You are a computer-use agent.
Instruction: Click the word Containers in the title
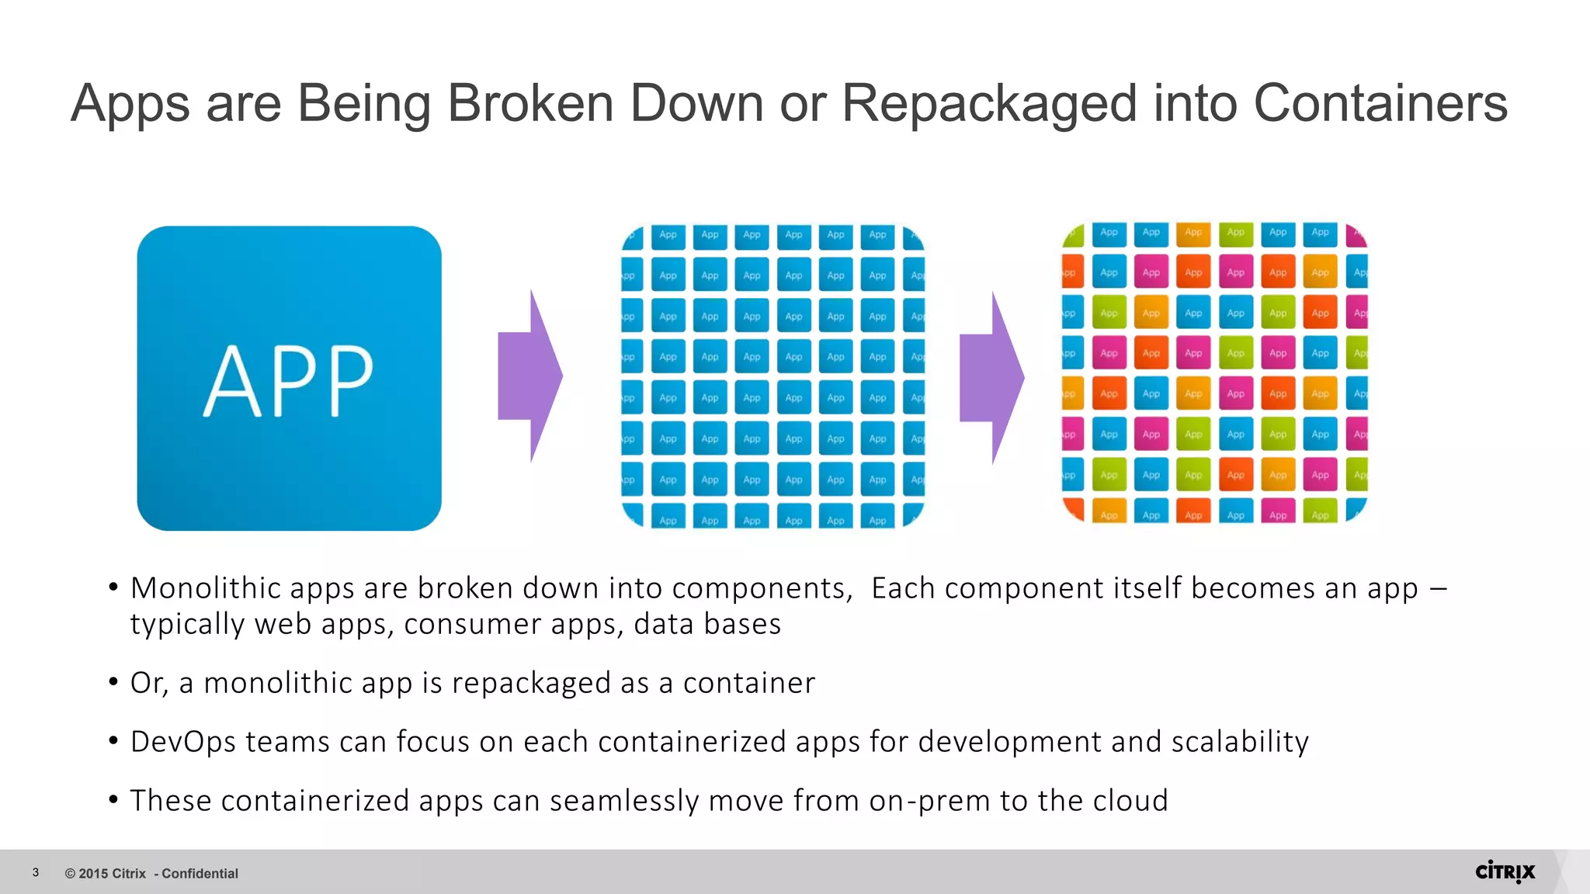[x=1380, y=103]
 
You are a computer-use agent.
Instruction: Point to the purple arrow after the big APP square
[x=530, y=376]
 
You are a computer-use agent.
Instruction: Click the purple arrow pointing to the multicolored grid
[x=992, y=378]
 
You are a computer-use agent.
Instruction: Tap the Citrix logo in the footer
[x=1505, y=872]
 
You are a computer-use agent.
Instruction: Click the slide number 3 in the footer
[x=36, y=873]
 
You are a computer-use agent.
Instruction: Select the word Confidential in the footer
[x=200, y=874]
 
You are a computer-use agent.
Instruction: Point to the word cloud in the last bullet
[x=1130, y=801]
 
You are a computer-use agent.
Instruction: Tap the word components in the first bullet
[x=762, y=588]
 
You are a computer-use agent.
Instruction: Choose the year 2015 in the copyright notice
[x=93, y=874]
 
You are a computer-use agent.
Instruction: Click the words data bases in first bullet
[x=706, y=624]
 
